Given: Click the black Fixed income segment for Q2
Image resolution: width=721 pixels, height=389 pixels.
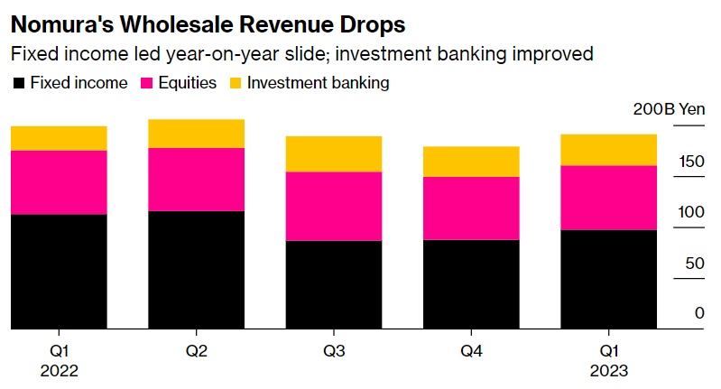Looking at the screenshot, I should pyautogui.click(x=196, y=270).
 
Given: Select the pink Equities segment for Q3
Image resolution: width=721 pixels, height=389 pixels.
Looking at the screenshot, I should pyautogui.click(x=334, y=206).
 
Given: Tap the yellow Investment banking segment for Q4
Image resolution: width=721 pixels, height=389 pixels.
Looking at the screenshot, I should pyautogui.click(x=471, y=161).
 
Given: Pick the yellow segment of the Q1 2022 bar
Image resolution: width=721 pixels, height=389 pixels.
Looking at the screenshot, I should pyautogui.click(x=59, y=138).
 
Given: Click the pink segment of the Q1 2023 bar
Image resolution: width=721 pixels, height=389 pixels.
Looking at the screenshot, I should pyautogui.click(x=609, y=198).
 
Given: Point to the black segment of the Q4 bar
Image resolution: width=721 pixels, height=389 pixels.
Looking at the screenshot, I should pyautogui.click(x=471, y=284).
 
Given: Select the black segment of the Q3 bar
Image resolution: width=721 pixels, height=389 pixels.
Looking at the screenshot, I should pyautogui.click(x=334, y=284).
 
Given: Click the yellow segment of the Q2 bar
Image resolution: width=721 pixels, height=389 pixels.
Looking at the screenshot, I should pyautogui.click(x=196, y=134).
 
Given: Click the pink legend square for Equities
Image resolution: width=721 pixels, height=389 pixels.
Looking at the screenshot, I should pyautogui.click(x=148, y=83).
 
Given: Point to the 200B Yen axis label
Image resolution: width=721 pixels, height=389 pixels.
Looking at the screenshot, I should pyautogui.click(x=669, y=109).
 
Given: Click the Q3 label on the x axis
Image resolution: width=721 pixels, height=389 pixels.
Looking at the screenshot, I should pyautogui.click(x=334, y=350).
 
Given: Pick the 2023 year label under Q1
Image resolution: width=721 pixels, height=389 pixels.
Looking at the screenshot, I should pyautogui.click(x=609, y=371).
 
